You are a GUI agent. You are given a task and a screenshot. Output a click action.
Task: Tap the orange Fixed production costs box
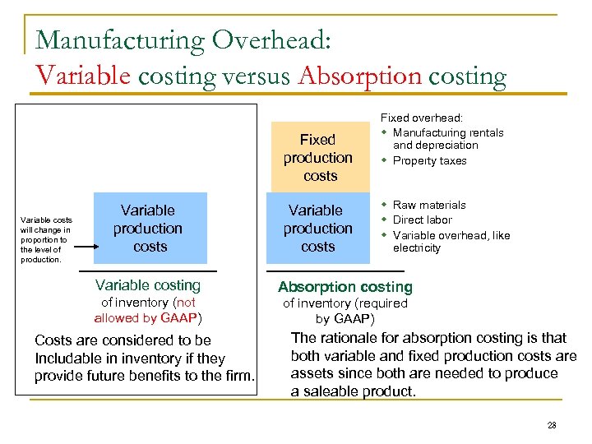(x=318, y=157)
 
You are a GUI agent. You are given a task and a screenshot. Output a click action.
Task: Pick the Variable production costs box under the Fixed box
(x=317, y=228)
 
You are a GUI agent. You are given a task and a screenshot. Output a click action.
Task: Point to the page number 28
(x=552, y=425)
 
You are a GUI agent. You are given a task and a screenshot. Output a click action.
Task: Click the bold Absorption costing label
(x=345, y=287)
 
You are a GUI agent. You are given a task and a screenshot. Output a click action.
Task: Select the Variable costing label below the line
(x=148, y=285)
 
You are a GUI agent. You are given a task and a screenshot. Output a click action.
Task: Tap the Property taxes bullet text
(x=429, y=161)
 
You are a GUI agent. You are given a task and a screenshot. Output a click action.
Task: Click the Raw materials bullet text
(x=429, y=205)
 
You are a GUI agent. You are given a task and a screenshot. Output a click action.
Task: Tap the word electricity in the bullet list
(x=417, y=247)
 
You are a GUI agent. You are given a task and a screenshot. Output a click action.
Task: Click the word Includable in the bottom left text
(x=69, y=358)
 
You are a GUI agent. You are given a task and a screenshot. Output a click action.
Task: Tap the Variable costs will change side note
(x=46, y=239)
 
